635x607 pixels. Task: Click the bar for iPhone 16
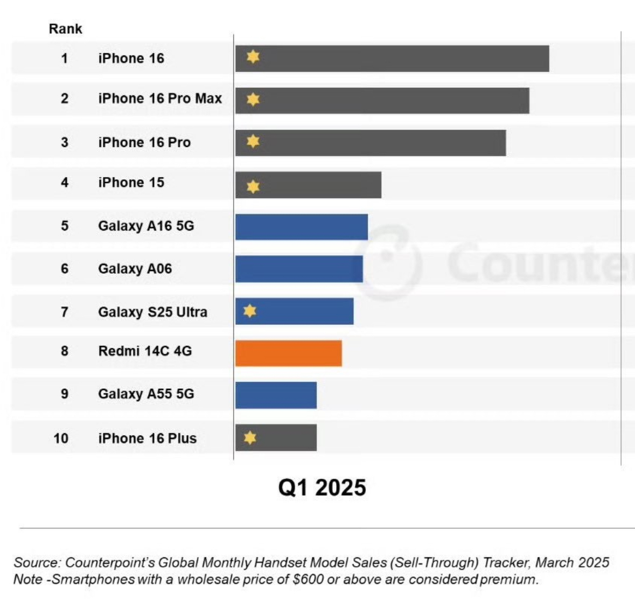pyautogui.click(x=392, y=59)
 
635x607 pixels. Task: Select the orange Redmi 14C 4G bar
pyautogui.click(x=289, y=353)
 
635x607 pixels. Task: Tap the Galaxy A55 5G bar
pyautogui.click(x=276, y=395)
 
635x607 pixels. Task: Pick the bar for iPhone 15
pyautogui.click(x=308, y=185)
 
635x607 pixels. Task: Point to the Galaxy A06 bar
pyautogui.click(x=299, y=269)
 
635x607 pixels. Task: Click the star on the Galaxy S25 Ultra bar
pyautogui.click(x=250, y=311)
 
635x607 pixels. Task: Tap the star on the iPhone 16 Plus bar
pyautogui.click(x=250, y=437)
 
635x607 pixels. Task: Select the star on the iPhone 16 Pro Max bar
pyautogui.click(x=253, y=99)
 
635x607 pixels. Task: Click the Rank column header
pyautogui.click(x=65, y=29)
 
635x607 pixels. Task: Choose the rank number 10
pyautogui.click(x=61, y=438)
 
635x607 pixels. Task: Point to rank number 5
pyautogui.click(x=65, y=226)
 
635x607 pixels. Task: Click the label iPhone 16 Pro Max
pyautogui.click(x=160, y=99)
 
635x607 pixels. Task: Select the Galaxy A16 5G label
pyautogui.click(x=146, y=226)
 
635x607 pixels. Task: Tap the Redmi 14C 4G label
pyautogui.click(x=145, y=351)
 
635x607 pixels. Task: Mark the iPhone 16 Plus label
pyautogui.click(x=147, y=438)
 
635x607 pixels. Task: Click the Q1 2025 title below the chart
pyautogui.click(x=322, y=487)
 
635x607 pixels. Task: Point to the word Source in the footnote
pyautogui.click(x=36, y=563)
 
